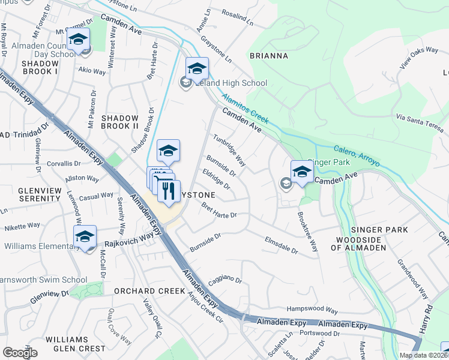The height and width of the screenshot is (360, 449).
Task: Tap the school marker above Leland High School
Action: point(197,69)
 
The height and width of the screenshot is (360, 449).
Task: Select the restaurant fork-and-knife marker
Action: point(167,191)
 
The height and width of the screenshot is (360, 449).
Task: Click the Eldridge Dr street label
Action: point(217,179)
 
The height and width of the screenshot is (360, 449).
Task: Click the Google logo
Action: point(20,353)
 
